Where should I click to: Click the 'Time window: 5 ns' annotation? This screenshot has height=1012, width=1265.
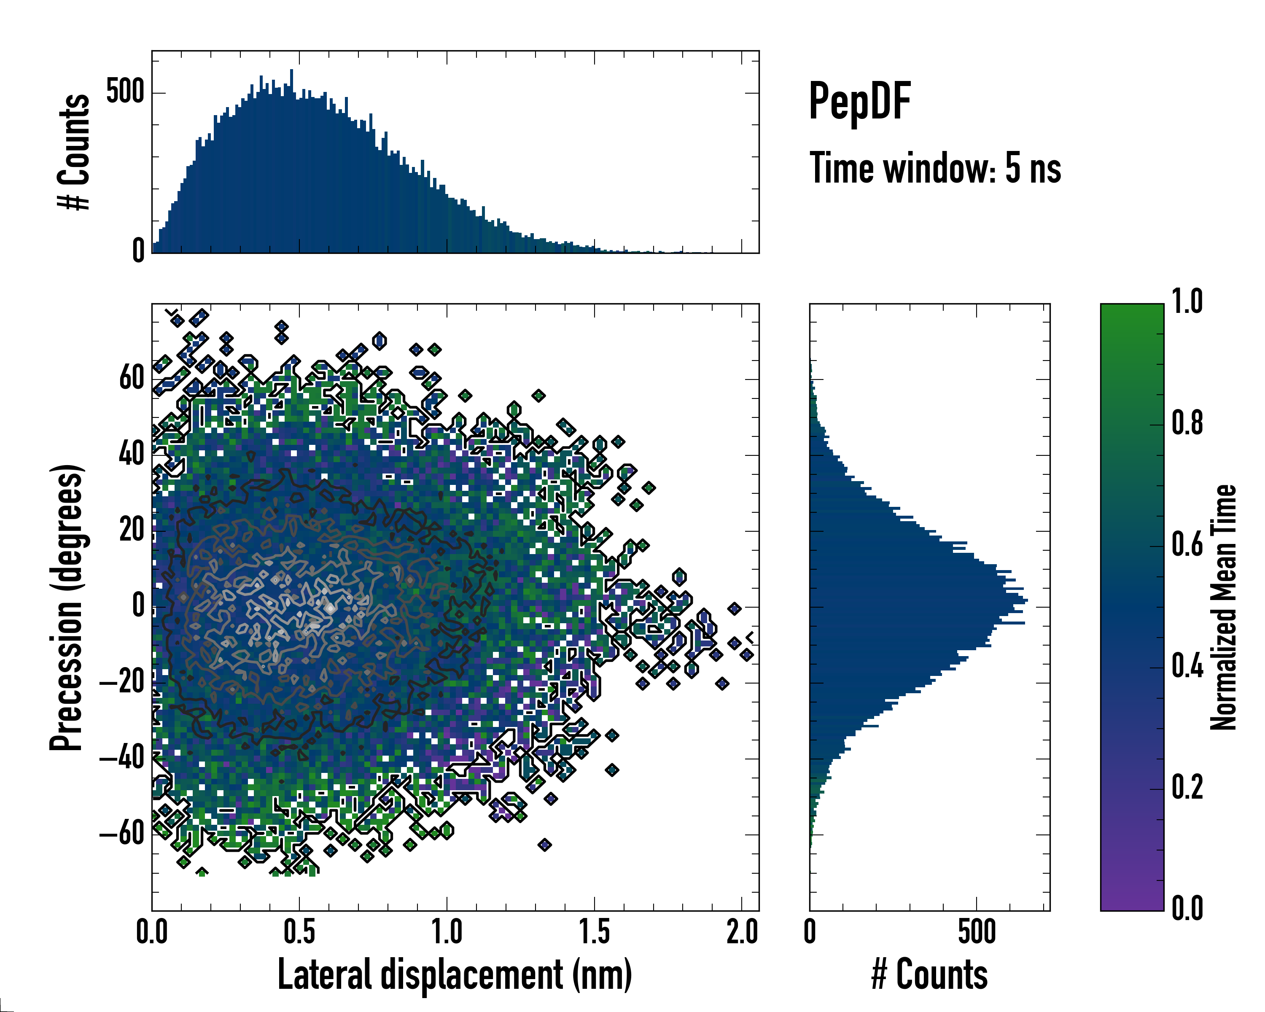click(x=935, y=168)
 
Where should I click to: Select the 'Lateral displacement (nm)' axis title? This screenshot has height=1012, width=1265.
click(x=455, y=974)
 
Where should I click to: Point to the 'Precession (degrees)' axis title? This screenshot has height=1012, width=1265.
click(x=66, y=607)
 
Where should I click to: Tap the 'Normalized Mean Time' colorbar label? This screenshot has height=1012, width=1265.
click(x=1224, y=607)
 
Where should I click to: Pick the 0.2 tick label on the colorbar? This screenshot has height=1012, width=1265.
click(x=1187, y=787)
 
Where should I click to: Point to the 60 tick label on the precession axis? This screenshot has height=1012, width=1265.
click(x=132, y=378)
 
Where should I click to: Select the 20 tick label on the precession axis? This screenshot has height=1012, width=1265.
click(x=132, y=530)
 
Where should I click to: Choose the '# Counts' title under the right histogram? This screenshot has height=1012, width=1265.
click(x=929, y=974)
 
